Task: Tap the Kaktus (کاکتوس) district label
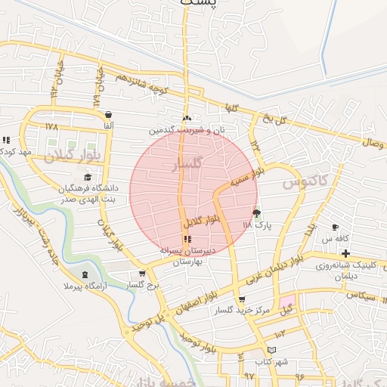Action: pyautogui.click(x=306, y=181)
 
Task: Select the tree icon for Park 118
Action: pyautogui.click(x=256, y=214)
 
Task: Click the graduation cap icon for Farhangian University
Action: pyautogui.click(x=88, y=178)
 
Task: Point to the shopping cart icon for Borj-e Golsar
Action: pyautogui.click(x=142, y=274)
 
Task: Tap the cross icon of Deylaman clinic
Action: pyautogui.click(x=346, y=253)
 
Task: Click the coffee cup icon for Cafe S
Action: pyautogui.click(x=335, y=227)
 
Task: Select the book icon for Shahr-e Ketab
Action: pyautogui.click(x=272, y=350)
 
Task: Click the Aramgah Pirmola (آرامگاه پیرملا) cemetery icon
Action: pyautogui.click(x=84, y=274)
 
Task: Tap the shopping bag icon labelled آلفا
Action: pyautogui.click(x=109, y=115)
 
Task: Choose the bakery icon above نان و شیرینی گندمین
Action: pyautogui.click(x=187, y=118)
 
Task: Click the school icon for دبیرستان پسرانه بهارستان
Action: pyautogui.click(x=187, y=239)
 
